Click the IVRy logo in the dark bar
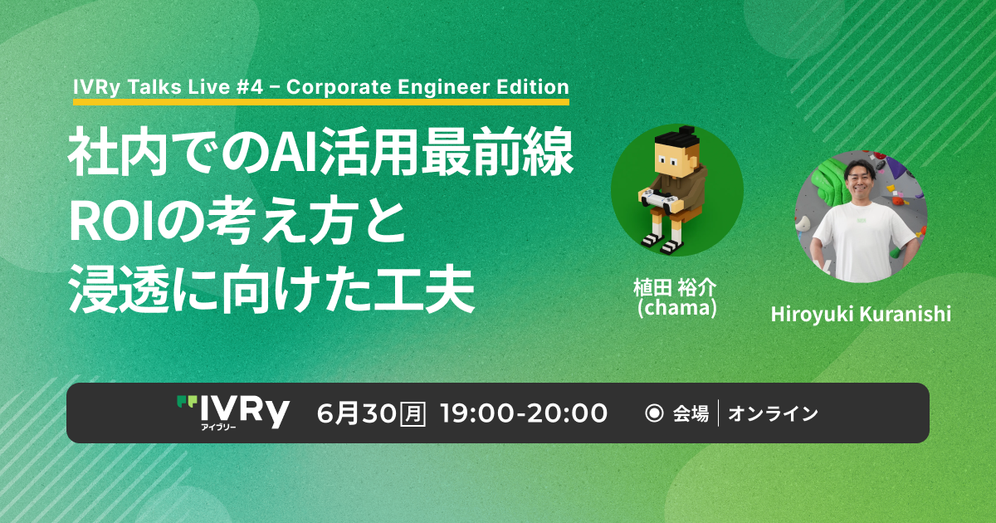click(x=233, y=413)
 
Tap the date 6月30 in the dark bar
click(x=356, y=413)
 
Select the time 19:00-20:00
click(x=524, y=413)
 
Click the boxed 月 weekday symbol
click(x=413, y=413)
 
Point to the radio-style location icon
click(x=654, y=413)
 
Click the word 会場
click(x=691, y=413)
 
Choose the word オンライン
click(x=773, y=413)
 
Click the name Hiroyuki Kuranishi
click(x=861, y=315)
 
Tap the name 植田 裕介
click(x=675, y=288)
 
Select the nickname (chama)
click(x=676, y=308)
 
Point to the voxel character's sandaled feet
click(x=662, y=242)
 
